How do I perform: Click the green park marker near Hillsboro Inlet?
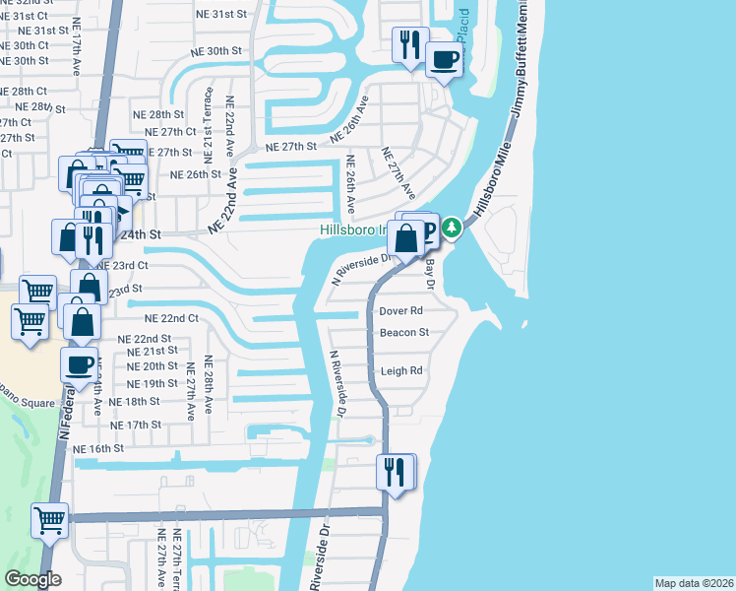[x=452, y=229]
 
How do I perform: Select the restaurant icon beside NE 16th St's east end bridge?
[x=395, y=472]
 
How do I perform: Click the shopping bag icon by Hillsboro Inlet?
[x=406, y=237]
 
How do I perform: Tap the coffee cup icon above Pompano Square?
[x=80, y=363]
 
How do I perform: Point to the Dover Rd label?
[x=400, y=311]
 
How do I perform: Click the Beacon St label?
[x=403, y=333]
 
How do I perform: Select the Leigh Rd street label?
[x=401, y=371]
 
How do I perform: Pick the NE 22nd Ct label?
[x=171, y=318]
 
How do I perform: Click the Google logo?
[x=32, y=579]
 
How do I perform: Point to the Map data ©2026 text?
[x=694, y=583]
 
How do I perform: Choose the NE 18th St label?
[x=134, y=402]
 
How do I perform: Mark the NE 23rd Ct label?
[x=122, y=265]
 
